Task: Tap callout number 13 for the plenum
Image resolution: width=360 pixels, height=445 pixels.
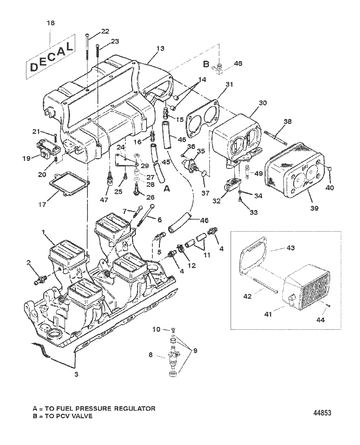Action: tap(160, 48)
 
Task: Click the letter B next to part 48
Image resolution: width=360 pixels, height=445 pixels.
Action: tap(206, 64)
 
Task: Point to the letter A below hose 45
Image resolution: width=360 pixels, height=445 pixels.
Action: tap(167, 189)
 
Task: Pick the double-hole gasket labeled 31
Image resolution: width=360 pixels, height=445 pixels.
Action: tap(202, 119)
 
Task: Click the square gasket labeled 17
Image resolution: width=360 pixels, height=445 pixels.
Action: tap(69, 185)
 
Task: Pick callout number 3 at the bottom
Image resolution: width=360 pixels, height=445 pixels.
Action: tap(76, 374)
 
